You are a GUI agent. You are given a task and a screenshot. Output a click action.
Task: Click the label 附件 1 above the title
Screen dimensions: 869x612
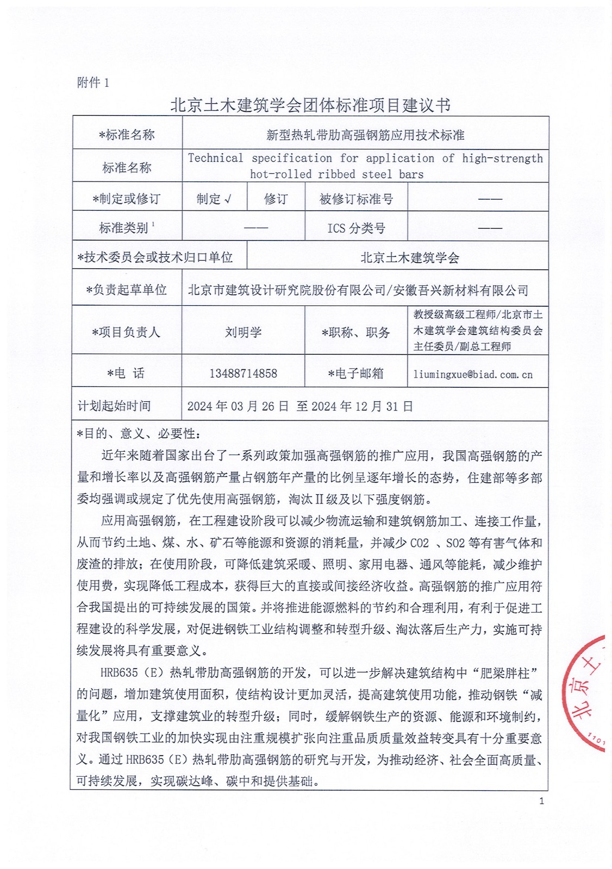click(x=93, y=83)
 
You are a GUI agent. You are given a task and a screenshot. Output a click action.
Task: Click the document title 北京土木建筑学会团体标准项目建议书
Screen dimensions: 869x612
click(x=310, y=105)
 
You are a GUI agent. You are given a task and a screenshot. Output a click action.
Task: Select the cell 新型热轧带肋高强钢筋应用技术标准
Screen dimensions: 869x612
click(x=365, y=135)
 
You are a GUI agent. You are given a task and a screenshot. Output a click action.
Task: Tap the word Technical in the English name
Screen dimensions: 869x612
click(x=215, y=158)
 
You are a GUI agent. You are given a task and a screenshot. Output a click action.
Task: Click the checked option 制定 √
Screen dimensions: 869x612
click(x=214, y=199)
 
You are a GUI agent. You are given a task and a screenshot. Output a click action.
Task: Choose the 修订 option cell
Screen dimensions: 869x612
click(x=276, y=199)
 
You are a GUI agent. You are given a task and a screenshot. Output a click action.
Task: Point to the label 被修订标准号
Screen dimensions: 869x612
click(x=356, y=199)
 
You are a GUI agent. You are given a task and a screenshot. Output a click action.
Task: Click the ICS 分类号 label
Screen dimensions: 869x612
click(x=356, y=228)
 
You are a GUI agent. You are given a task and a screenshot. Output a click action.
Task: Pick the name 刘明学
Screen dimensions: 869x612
click(x=243, y=332)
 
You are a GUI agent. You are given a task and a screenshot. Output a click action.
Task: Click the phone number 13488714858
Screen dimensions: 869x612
click(x=243, y=373)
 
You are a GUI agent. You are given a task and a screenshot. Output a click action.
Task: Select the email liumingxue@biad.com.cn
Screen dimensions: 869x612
click(x=473, y=374)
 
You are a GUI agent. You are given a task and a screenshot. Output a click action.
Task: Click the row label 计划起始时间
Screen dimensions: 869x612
click(x=114, y=406)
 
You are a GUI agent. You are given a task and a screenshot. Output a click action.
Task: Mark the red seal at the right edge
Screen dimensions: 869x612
click(x=587, y=692)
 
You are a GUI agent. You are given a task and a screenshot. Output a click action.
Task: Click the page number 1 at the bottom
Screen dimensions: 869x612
click(x=541, y=801)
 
